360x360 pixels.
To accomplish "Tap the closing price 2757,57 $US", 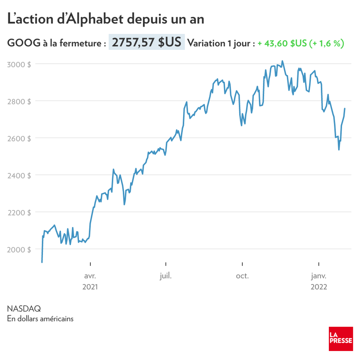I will tap(146, 43).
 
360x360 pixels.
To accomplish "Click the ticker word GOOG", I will tap(24, 44).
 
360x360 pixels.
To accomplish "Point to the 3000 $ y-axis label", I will tap(19, 64).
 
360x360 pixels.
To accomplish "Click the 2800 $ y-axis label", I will tap(19, 101).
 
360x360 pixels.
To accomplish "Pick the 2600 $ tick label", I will tap(19, 138).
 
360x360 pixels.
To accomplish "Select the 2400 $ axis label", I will tap(19, 175).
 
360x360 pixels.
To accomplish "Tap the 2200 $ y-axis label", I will tap(19, 212).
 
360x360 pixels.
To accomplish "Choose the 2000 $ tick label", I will tap(19, 249).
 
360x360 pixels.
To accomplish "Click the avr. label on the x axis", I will tap(90, 276).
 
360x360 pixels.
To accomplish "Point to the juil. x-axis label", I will tap(166, 276).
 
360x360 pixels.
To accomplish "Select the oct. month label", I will tap(242, 276).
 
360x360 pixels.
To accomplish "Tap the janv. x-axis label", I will tap(319, 276).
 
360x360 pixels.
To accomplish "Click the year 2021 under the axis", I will tap(90, 287).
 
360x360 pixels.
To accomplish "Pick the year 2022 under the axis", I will tap(319, 287).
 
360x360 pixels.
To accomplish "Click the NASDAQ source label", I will tap(24, 309).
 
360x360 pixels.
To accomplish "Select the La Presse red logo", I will tap(341, 337).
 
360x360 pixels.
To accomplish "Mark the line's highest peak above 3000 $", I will tap(282, 61).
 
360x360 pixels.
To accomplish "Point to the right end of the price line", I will tap(345, 109).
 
